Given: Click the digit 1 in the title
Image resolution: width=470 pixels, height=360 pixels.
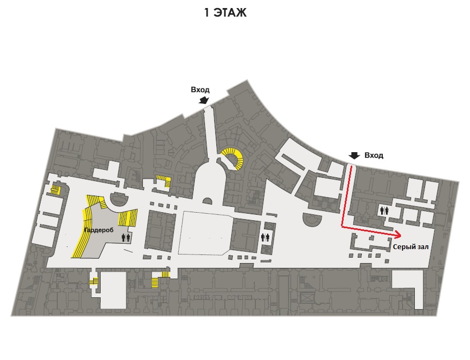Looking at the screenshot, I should tap(207, 13).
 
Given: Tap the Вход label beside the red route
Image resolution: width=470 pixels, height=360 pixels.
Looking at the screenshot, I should tap(374, 155).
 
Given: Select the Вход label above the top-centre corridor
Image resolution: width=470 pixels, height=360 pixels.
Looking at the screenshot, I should tap(200, 89).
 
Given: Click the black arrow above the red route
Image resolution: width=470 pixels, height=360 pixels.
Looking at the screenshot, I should tap(353, 156).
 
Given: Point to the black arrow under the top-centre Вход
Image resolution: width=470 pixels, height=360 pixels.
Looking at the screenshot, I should tap(203, 100).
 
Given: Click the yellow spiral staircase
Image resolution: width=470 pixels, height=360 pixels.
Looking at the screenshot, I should tap(234, 158).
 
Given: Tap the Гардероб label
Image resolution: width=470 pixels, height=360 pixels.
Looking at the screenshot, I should tap(97, 230).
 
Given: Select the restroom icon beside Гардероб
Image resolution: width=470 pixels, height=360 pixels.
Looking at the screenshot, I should tap(126, 237).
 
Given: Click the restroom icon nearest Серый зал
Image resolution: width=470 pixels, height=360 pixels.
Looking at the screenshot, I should tap(383, 211).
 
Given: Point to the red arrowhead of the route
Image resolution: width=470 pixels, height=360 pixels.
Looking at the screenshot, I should tap(399, 235).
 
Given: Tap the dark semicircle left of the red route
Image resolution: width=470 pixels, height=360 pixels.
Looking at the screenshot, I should tap(313, 221).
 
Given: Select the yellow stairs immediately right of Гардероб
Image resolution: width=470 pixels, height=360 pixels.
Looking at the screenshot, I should tap(128, 219).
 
